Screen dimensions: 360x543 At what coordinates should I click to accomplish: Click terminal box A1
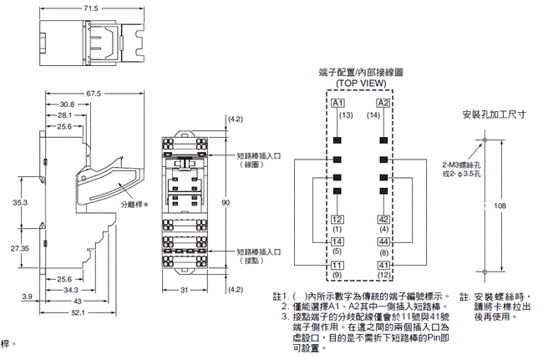point(337,103)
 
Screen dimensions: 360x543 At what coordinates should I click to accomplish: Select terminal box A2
point(383,103)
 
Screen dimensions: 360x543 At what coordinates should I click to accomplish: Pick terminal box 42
point(383,219)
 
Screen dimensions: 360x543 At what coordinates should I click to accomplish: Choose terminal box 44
point(383,241)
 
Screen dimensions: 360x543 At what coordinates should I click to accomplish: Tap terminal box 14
point(337,241)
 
